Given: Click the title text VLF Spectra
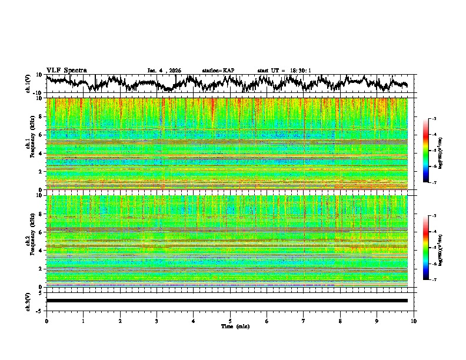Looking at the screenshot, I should (66, 70).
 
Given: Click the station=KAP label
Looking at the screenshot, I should (218, 71).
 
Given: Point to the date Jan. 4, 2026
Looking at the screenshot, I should (164, 71).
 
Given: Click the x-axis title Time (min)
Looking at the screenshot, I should (235, 326).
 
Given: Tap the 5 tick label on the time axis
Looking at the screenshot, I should (230, 321).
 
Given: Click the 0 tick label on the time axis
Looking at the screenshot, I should (46, 321).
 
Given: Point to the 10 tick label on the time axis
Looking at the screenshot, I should (414, 321).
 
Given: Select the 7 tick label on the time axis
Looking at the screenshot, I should (304, 321).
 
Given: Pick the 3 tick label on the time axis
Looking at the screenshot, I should (157, 321).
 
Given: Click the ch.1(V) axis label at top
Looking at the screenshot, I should (28, 84).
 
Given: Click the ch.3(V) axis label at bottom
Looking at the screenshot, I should (28, 301).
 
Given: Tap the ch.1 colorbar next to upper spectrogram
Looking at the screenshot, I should (426, 151).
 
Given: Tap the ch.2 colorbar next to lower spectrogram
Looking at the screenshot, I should (426, 248).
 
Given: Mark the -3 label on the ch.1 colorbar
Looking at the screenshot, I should (434, 119).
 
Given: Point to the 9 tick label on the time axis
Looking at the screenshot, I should (377, 321).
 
